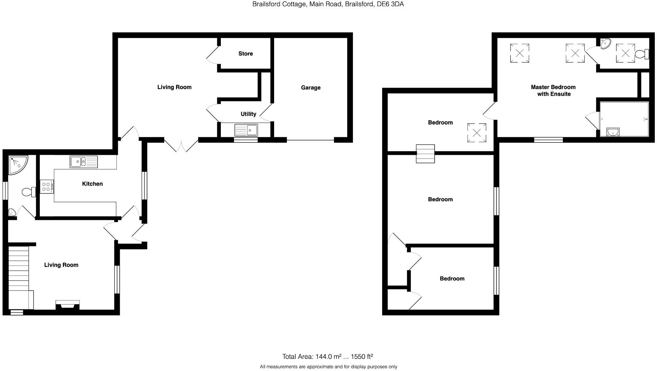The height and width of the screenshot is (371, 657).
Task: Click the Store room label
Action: (245, 54)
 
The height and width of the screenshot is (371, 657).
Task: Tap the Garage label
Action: (311, 88)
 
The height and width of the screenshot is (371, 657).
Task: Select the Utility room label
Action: (248, 114)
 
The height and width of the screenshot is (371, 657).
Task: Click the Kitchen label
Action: (92, 184)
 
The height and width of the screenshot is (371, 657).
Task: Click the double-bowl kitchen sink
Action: (84, 162)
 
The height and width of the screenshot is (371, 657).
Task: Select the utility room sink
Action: (246, 130)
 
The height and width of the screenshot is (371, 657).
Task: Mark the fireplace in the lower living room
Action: (68, 305)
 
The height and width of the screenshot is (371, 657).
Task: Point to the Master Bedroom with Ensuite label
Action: (553, 91)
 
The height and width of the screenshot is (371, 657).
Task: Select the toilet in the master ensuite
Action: (641, 54)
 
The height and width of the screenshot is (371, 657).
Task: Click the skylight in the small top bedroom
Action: (477, 133)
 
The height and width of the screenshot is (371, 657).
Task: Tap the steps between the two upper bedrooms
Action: (426, 154)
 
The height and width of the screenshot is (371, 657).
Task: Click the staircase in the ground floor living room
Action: (18, 270)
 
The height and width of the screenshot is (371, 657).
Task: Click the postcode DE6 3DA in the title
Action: (391, 4)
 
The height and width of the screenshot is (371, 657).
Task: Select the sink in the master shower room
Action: (613, 132)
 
